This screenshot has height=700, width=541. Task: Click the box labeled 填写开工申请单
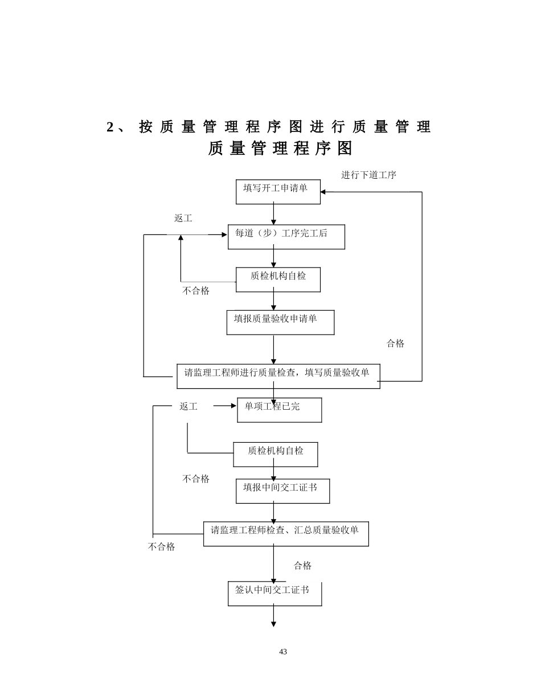click(278, 192)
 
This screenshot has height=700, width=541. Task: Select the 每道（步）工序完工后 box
click(286, 237)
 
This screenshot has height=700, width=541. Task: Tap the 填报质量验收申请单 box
click(280, 322)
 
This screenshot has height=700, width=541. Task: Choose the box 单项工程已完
click(279, 410)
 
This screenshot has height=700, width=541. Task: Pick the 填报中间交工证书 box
click(282, 491)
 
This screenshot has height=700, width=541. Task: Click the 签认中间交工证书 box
click(274, 594)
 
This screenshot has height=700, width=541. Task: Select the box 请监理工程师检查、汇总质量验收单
click(286, 534)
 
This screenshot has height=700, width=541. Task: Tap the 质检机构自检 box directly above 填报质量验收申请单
click(278, 279)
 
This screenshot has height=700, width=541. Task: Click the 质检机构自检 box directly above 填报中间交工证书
click(276, 454)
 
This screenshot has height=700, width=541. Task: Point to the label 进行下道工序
click(368, 175)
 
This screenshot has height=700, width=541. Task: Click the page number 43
click(283, 652)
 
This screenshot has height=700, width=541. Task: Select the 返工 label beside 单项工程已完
click(188, 406)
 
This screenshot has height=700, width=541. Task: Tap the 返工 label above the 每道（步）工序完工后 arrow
click(183, 219)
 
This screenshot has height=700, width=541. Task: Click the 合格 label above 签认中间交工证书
click(302, 566)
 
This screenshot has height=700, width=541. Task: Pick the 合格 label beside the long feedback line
click(395, 344)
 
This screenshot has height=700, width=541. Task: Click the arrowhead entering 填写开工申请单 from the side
click(324, 192)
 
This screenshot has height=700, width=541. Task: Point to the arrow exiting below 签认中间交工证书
click(273, 616)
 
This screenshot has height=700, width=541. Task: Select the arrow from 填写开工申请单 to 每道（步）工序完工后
click(273, 214)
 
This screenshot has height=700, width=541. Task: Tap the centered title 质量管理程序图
click(280, 149)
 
